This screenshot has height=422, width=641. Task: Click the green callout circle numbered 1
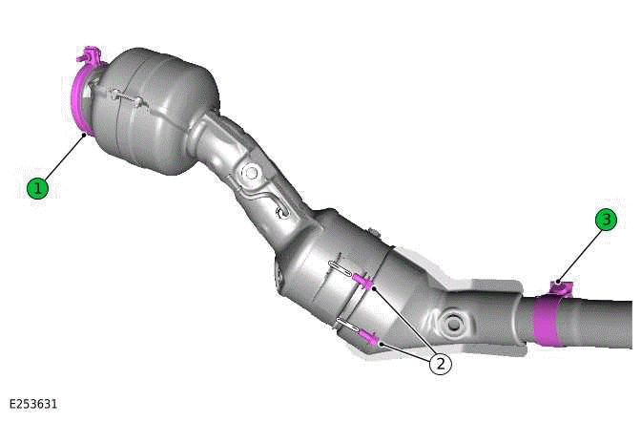37,188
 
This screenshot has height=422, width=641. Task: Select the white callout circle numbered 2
440,363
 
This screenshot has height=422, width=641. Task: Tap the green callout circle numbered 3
606,221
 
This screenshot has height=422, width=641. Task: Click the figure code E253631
33,404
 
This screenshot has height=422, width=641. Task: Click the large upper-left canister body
153,110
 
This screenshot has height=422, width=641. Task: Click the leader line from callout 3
582,253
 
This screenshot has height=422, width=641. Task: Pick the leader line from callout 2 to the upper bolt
404,321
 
